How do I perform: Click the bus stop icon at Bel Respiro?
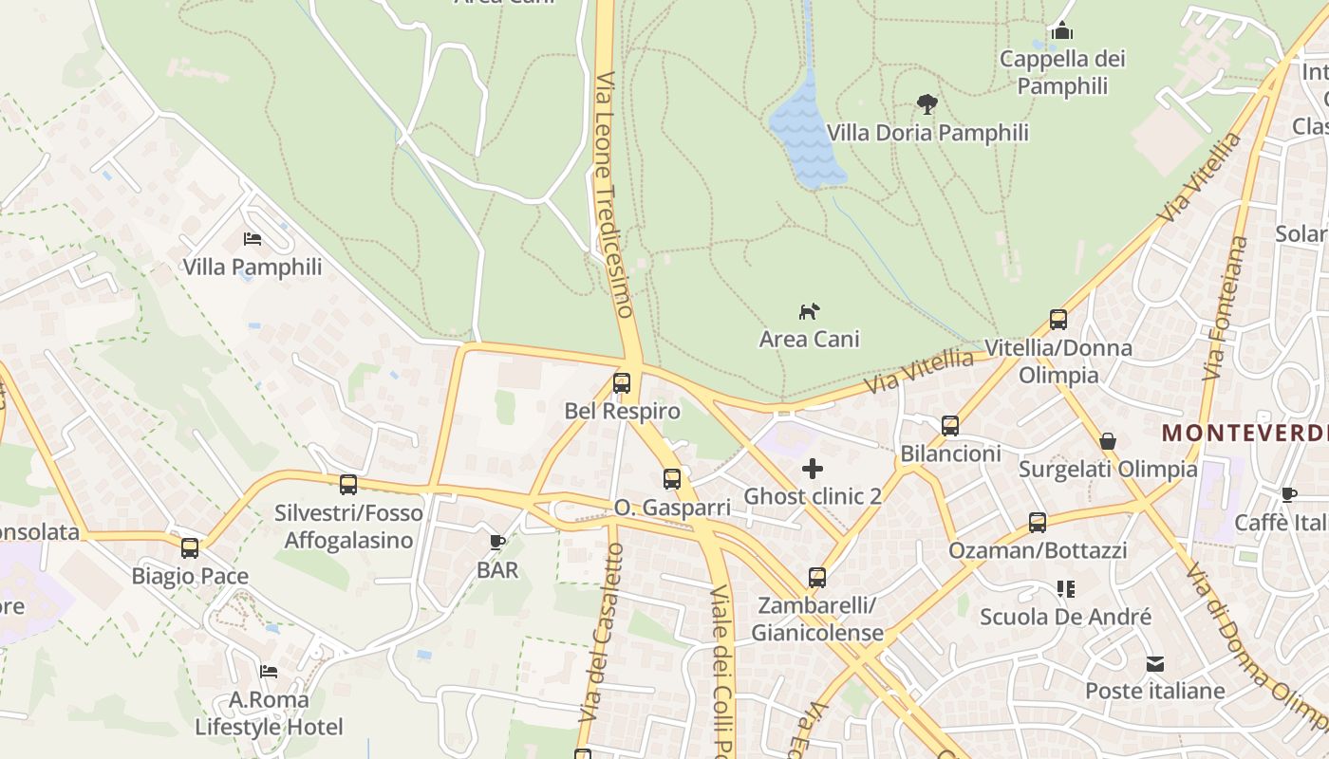pyautogui.click(x=622, y=383)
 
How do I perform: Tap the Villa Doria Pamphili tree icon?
pyautogui.click(x=927, y=104)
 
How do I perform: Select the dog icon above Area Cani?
pyautogui.click(x=809, y=311)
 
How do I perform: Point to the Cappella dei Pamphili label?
pyautogui.click(x=1062, y=72)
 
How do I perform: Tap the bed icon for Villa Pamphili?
pyautogui.click(x=253, y=239)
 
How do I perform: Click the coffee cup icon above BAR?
pyautogui.click(x=496, y=542)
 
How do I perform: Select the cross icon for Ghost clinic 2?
pyautogui.click(x=813, y=468)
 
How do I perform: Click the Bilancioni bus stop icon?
pyautogui.click(x=950, y=426)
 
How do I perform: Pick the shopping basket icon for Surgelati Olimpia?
pyautogui.click(x=1107, y=441)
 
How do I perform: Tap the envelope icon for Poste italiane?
pyautogui.click(x=1154, y=663)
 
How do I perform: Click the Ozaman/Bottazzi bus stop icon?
pyautogui.click(x=1038, y=523)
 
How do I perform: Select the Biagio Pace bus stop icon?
pyautogui.click(x=190, y=547)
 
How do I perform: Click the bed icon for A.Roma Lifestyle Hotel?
pyautogui.click(x=269, y=672)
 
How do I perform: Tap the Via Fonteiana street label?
pyautogui.click(x=1226, y=308)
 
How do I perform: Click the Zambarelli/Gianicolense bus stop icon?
pyautogui.click(x=816, y=577)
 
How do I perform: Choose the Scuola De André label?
pyautogui.click(x=1065, y=617)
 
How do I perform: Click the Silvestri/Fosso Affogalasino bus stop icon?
pyautogui.click(x=348, y=485)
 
